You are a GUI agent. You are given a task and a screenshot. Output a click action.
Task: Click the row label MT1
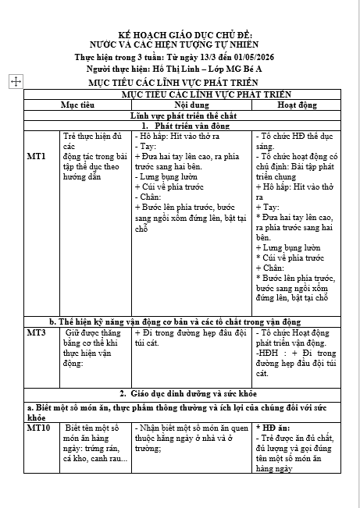(36, 156)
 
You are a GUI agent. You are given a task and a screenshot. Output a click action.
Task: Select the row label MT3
(36, 332)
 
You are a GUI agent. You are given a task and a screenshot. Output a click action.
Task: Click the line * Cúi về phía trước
(290, 258)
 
